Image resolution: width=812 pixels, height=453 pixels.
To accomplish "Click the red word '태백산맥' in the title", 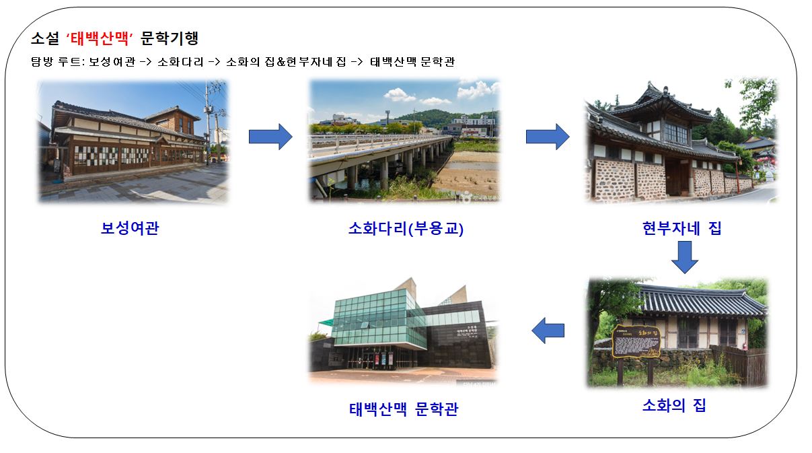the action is point(100,38).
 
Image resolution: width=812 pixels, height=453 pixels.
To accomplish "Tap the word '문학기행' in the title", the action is point(170,38).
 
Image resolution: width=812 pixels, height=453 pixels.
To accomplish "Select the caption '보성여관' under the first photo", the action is point(130,228).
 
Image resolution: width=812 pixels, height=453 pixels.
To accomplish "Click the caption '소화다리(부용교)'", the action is point(406,228).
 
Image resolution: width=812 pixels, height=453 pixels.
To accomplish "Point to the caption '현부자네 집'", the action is point(682,228).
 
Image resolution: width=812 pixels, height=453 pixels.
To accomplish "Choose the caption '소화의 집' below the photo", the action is point(674,405).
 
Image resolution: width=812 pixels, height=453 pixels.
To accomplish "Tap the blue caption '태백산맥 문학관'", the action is point(404,409).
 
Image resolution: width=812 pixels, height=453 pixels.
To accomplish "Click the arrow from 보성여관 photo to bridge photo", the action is point(270,137).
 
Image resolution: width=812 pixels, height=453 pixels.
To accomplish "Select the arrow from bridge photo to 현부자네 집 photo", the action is point(548,137).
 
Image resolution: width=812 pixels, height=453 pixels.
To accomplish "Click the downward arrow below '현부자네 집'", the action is point(685,257).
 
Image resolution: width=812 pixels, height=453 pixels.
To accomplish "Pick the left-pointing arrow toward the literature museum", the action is point(548,330).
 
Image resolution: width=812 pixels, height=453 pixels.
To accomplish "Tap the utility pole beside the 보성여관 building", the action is point(208,123).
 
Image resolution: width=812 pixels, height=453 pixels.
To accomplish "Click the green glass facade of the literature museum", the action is point(379,318).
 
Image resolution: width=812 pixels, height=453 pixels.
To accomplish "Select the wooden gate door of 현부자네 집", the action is point(677,178).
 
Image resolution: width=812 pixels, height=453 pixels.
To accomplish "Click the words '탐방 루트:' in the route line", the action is point(58,62).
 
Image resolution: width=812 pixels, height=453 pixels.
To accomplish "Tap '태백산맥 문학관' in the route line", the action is point(412,62).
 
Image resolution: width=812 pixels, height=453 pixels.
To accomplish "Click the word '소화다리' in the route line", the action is point(180,62).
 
